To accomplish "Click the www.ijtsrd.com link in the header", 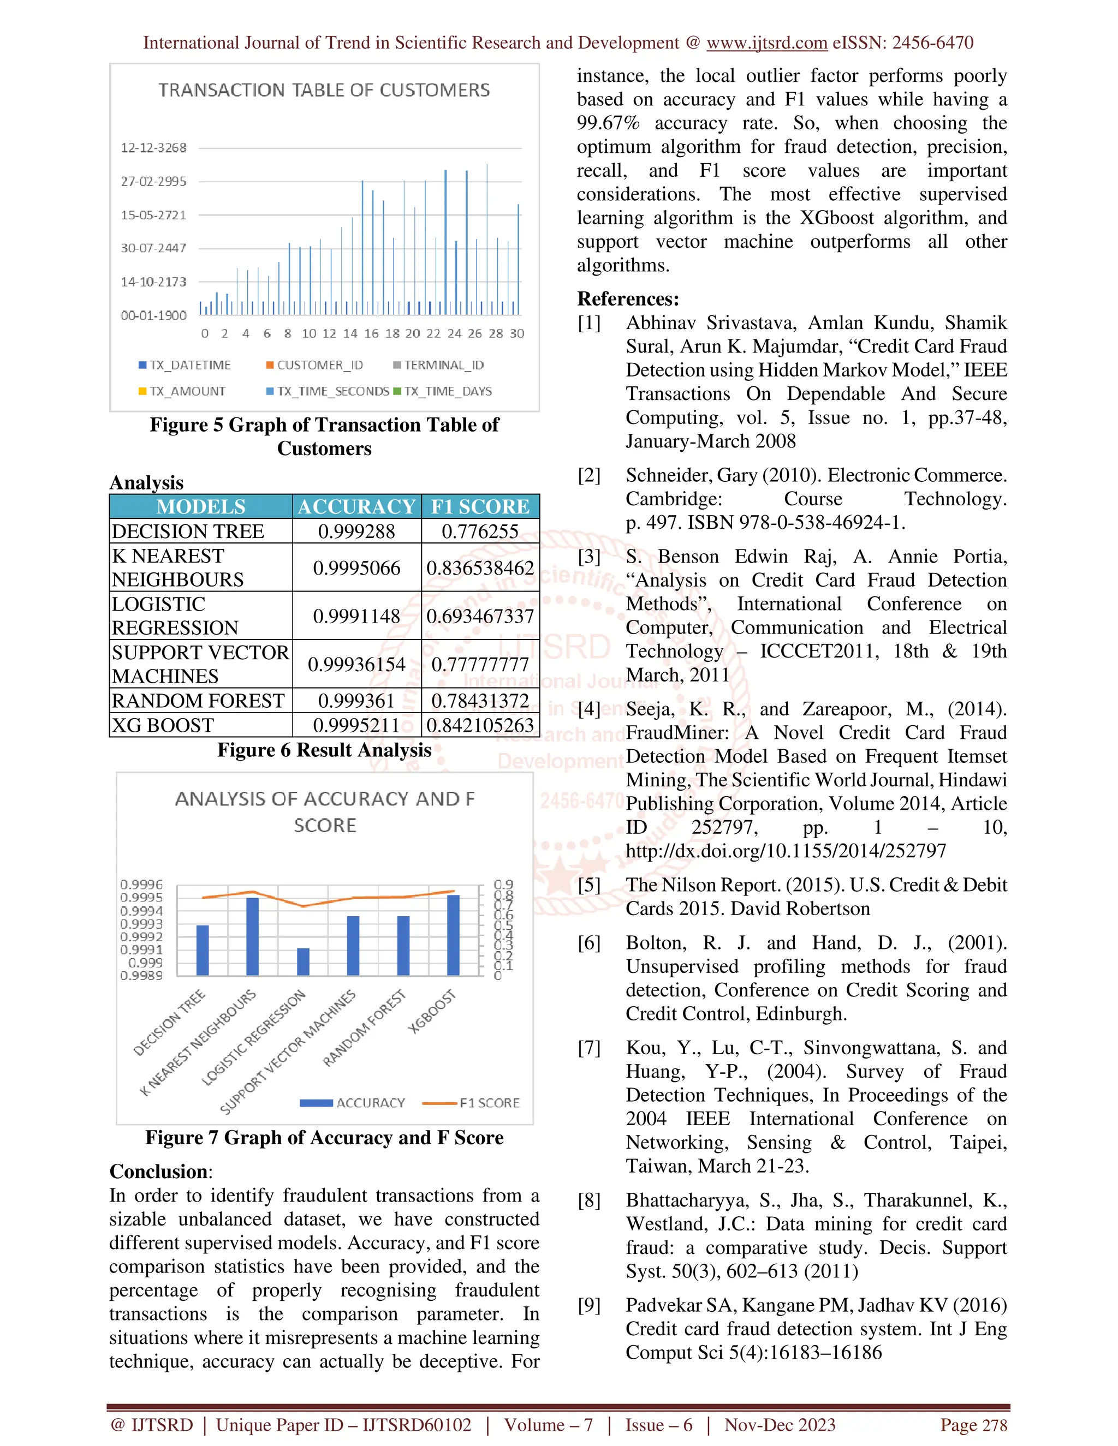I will click(766, 43).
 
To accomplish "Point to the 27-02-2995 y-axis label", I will click(153, 181).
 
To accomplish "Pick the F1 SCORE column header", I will click(480, 506).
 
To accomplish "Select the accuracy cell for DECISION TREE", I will click(356, 531).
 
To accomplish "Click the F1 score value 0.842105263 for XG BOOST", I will click(480, 725).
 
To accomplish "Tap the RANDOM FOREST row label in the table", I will click(198, 701).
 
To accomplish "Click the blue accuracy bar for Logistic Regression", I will click(302, 961).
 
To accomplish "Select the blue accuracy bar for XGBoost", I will click(453, 934).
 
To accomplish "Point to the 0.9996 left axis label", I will click(141, 885).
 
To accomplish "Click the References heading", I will click(628, 298).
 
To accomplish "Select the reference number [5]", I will click(589, 885).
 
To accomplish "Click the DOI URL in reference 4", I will click(786, 851).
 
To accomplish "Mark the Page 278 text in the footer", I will click(973, 1425).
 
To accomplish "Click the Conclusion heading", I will click(159, 1171).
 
